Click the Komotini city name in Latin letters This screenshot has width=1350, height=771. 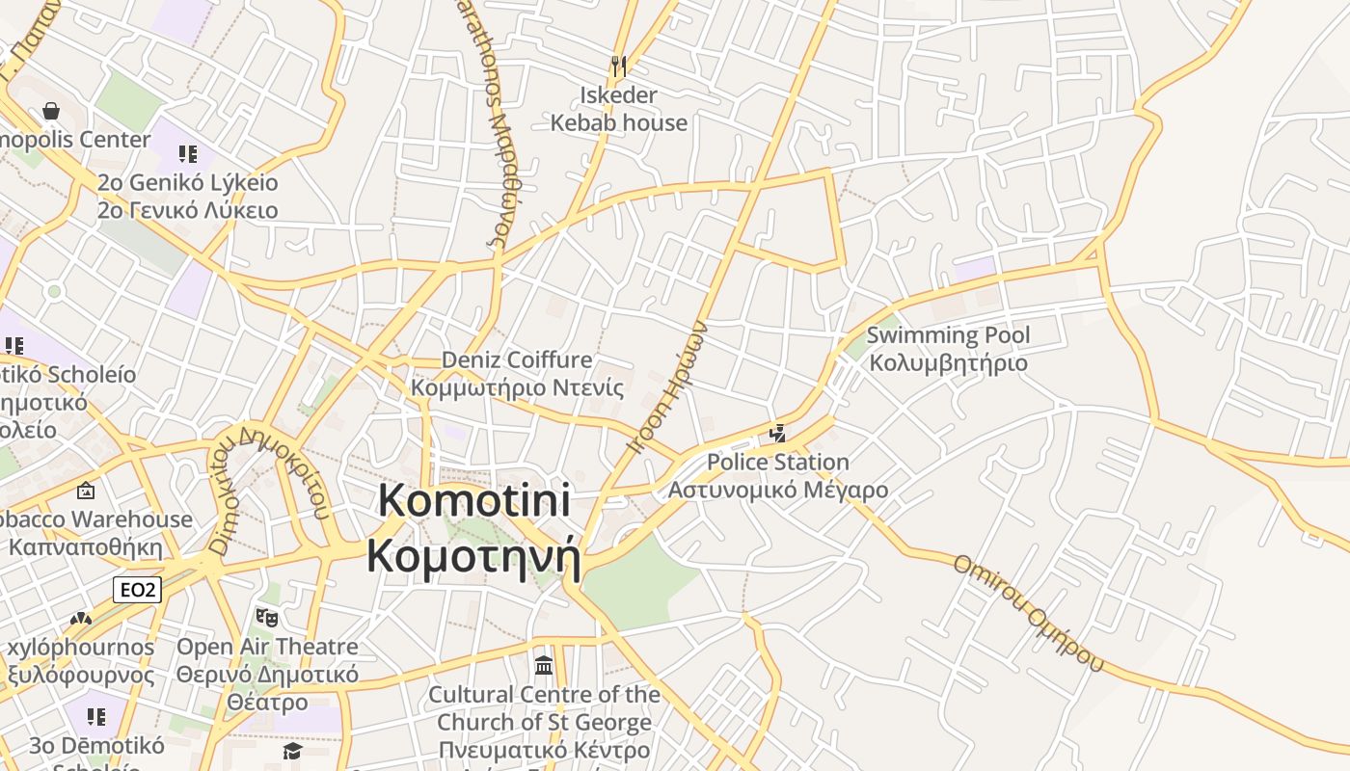474,501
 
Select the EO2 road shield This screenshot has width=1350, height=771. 137,589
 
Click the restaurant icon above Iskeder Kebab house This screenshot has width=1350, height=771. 619,66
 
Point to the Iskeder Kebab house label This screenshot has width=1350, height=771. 618,109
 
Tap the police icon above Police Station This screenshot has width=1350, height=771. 778,434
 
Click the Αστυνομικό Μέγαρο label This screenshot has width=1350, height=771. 778,490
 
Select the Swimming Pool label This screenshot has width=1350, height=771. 948,335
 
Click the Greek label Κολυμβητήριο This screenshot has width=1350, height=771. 948,363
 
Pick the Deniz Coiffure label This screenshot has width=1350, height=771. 517,359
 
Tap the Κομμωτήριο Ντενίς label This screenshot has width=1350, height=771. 517,387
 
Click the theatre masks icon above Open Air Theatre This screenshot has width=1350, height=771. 266,617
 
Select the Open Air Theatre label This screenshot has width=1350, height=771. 267,647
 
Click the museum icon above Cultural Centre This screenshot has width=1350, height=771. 544,665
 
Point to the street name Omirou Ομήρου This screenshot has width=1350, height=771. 1027,612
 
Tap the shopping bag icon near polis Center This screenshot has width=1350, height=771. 51,112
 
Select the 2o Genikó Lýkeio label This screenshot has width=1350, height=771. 187,182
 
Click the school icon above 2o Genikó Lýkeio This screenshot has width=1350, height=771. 187,153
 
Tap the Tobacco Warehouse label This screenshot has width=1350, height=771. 96,519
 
